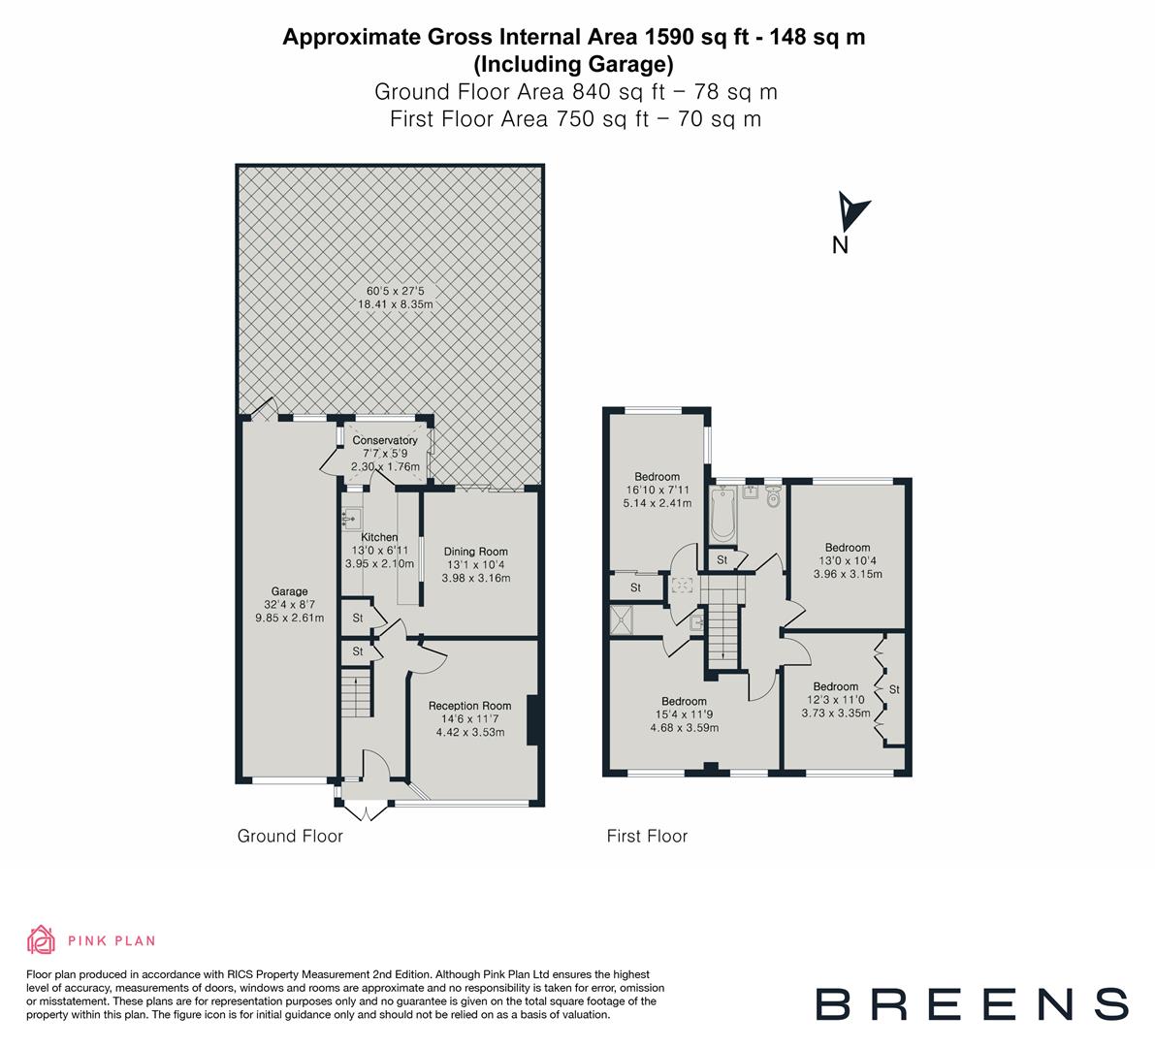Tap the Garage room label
click(289, 591)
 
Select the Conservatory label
click(385, 441)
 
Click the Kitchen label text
click(379, 537)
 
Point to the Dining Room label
click(475, 552)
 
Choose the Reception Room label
click(469, 706)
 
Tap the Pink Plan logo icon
click(41, 939)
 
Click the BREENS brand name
click(971, 1002)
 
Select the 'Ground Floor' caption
click(290, 836)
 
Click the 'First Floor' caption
click(647, 836)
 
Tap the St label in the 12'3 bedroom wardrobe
click(894, 689)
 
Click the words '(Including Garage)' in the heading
click(573, 65)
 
